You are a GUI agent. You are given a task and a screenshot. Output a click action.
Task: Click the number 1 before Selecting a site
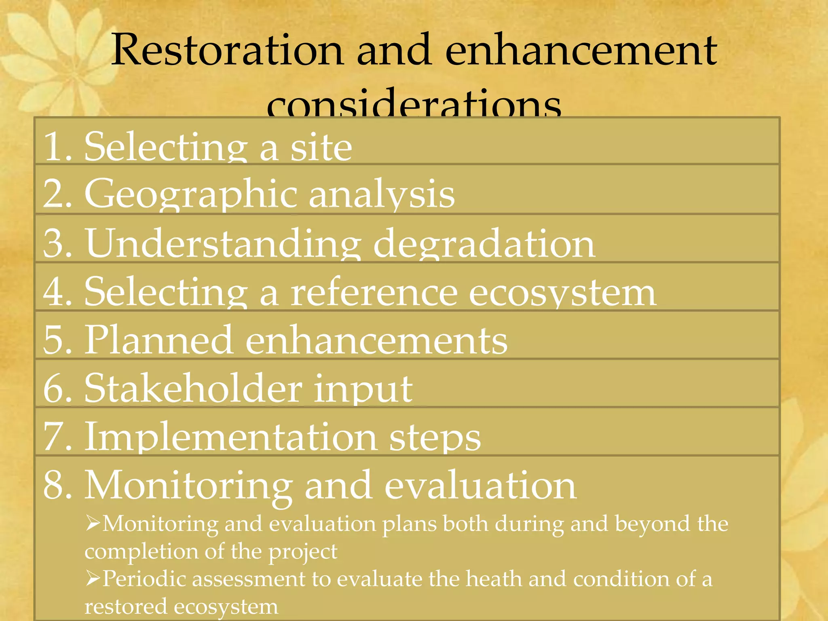(x=53, y=147)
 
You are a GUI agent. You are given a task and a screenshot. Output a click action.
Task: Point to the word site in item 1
(x=321, y=147)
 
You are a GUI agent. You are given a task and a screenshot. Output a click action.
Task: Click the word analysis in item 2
(x=382, y=195)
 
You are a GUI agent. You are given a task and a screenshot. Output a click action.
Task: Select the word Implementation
(x=231, y=437)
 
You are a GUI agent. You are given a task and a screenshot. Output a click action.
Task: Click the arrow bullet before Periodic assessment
(x=93, y=579)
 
